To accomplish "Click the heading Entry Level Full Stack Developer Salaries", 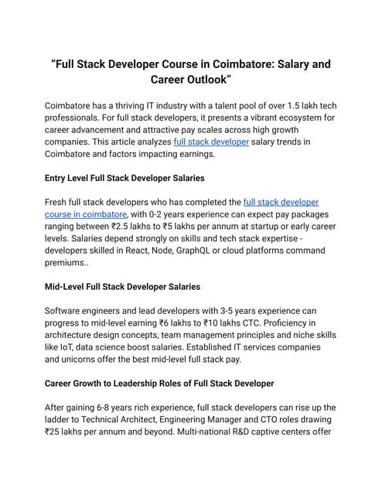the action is coord(124,178).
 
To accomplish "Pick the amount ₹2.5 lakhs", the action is coord(126,227).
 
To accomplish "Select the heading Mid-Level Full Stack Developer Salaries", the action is coord(122,287).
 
